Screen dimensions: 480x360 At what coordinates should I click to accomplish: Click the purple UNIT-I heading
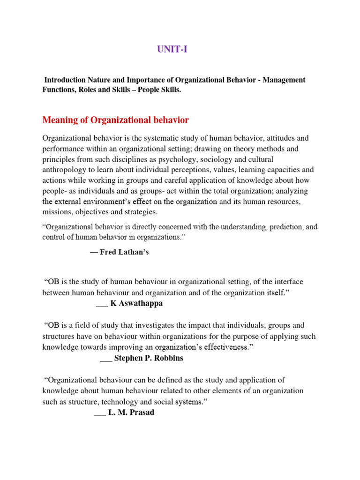(x=172, y=49)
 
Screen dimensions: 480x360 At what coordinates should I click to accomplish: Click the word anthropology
(x=64, y=169)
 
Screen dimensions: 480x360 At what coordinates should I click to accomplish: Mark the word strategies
(x=142, y=211)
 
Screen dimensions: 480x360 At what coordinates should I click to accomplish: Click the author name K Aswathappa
(x=137, y=303)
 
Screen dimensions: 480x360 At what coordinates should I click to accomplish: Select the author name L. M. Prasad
(x=131, y=412)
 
